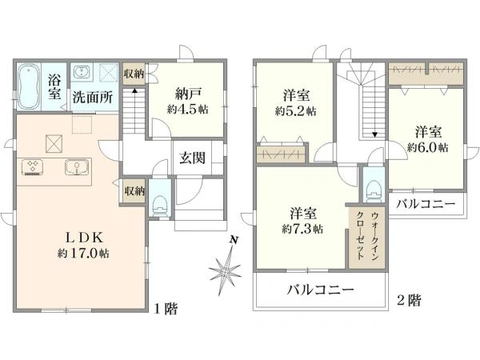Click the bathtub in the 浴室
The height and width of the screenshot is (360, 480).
29,86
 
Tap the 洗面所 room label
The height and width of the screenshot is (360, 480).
93,98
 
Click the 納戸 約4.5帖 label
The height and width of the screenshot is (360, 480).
188,102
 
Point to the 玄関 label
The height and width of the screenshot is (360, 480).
192,158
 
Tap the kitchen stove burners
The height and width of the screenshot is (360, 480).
32,167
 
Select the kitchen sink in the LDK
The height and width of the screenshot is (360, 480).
77,167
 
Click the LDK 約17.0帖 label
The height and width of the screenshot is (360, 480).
83,246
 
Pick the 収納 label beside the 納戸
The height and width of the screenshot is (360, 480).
134,74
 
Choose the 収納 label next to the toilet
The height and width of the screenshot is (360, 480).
134,191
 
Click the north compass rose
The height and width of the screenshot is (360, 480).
225,267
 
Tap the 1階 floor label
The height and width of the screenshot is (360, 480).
166,309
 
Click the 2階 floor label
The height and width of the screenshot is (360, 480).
409,300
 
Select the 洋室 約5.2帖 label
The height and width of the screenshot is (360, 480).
296,103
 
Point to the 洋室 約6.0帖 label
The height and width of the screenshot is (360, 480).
428,139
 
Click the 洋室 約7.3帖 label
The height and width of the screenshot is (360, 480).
302,221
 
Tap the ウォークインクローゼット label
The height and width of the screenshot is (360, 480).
367,236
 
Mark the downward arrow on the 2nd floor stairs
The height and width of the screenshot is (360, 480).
374,134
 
